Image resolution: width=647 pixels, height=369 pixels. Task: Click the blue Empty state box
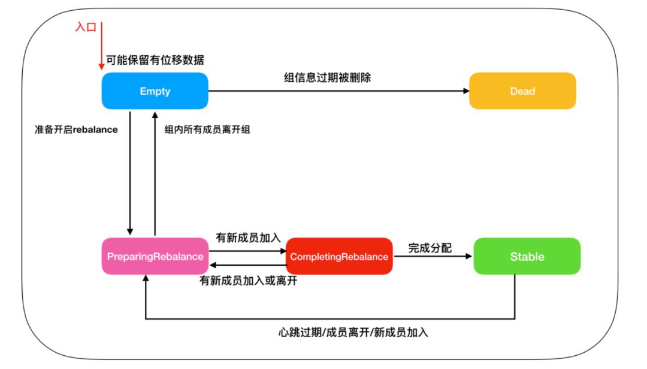[155, 91]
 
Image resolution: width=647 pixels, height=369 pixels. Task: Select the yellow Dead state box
[522, 91]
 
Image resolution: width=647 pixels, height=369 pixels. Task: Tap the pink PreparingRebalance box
[155, 256]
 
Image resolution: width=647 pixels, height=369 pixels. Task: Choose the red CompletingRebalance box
[339, 256]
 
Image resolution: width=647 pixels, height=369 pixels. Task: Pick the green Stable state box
[527, 256]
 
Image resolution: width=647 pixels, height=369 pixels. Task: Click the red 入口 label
[85, 27]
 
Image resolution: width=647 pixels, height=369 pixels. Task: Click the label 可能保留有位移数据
[155, 60]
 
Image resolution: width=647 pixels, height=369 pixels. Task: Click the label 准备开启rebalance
[77, 129]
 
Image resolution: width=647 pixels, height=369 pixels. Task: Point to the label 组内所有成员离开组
[207, 129]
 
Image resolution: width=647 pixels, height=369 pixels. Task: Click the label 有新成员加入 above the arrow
[248, 238]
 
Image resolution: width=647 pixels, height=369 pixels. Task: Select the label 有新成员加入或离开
[248, 280]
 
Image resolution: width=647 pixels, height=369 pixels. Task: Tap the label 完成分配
[430, 247]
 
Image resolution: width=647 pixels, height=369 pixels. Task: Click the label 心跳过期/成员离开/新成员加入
[353, 332]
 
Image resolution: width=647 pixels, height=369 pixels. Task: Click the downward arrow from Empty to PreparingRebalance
[129, 174]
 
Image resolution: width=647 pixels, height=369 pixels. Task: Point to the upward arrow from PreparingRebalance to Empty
[155, 174]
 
